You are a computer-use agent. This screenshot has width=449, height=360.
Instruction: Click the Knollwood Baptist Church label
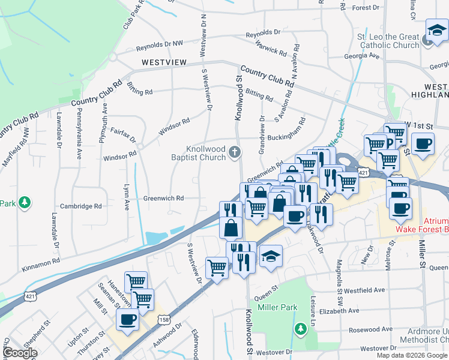[205, 154]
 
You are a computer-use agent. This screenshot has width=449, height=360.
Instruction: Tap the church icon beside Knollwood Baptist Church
[235, 154]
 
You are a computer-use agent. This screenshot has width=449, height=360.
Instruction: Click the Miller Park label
[277, 307]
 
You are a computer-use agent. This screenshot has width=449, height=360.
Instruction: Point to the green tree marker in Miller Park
[300, 329]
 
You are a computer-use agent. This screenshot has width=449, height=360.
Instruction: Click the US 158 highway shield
[160, 316]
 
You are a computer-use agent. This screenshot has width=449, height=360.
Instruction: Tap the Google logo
[20, 353]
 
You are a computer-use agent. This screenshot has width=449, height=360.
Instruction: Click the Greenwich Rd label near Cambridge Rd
[163, 198]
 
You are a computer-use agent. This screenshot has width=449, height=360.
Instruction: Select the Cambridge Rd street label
[81, 206]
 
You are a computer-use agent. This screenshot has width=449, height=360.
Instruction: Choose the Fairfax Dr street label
[124, 131]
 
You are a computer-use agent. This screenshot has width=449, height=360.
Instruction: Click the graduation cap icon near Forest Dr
[436, 29]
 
